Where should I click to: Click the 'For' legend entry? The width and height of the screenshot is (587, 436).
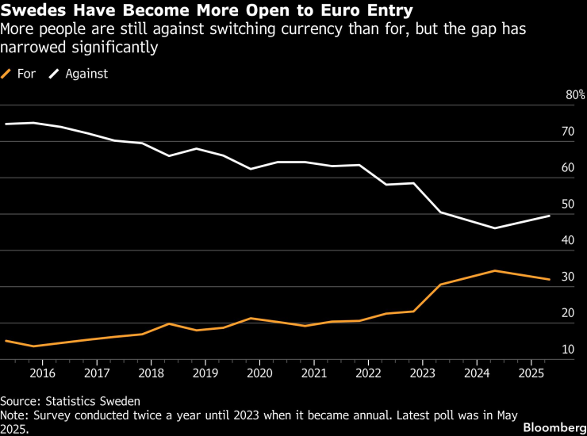26,74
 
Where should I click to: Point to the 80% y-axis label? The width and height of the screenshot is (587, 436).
574,95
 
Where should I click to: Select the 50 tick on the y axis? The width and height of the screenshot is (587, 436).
568,205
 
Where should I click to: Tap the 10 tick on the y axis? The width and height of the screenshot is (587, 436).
568,350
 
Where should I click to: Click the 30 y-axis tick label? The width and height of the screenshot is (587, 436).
568,277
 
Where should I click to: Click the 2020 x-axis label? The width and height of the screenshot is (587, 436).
259,373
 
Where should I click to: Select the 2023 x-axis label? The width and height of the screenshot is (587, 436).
422,373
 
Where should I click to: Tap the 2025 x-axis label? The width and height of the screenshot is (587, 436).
531,373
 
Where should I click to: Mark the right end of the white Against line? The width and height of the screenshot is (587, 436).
550,216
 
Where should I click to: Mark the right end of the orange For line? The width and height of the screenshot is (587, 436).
550,279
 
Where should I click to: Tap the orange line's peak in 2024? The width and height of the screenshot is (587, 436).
495,270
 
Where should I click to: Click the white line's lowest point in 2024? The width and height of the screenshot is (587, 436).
495,228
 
